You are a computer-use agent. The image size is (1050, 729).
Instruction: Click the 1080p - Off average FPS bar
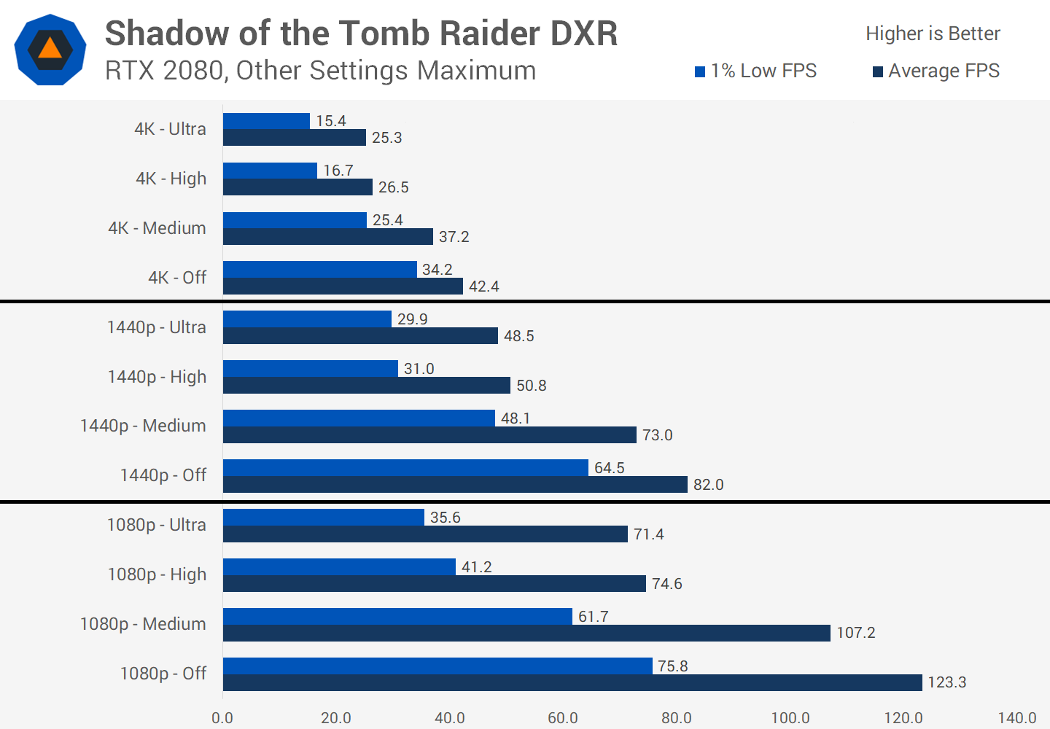click(572, 682)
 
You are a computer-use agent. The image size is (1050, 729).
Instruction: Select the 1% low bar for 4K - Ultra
click(266, 121)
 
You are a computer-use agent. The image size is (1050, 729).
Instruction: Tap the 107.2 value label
click(855, 633)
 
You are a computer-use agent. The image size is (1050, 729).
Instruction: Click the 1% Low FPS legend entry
click(755, 71)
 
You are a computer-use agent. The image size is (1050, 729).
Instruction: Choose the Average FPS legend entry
click(936, 71)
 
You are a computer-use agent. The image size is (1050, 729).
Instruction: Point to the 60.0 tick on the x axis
click(563, 718)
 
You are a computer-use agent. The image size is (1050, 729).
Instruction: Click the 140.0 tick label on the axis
click(1016, 718)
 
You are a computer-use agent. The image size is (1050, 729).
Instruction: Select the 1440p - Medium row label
click(143, 426)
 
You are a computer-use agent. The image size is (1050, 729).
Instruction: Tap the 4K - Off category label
click(177, 278)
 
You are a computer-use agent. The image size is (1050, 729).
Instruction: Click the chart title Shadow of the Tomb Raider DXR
click(361, 34)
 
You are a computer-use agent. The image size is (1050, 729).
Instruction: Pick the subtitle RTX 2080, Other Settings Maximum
click(320, 71)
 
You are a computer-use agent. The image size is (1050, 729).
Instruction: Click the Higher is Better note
click(933, 34)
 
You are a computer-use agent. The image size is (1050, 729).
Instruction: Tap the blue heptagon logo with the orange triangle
click(50, 50)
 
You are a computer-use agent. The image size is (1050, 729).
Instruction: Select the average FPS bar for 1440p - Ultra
click(360, 335)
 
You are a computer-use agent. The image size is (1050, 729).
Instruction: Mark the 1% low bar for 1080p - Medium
click(397, 616)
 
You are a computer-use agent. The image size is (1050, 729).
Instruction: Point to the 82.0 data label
click(708, 485)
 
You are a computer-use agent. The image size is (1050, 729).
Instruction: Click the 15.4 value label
click(330, 121)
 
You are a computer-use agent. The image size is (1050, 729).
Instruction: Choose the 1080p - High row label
click(157, 574)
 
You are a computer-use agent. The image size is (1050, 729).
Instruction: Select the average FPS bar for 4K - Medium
click(328, 236)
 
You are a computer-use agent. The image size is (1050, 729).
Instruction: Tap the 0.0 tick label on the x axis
click(222, 718)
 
